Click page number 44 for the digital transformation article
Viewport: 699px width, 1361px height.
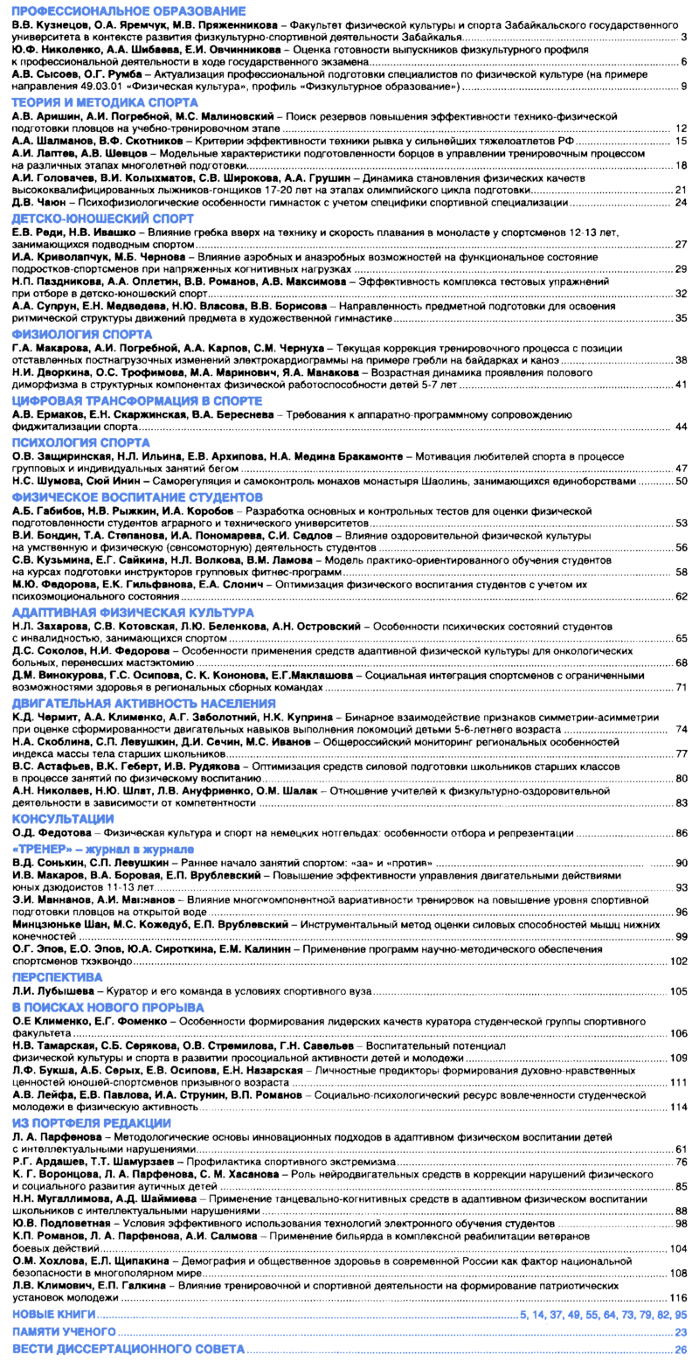681,426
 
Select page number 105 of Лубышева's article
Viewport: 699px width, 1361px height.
678,991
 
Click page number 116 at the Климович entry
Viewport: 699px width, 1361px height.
678,1298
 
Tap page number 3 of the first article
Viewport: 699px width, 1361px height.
683,37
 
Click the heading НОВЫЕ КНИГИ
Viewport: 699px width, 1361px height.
55,1314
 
